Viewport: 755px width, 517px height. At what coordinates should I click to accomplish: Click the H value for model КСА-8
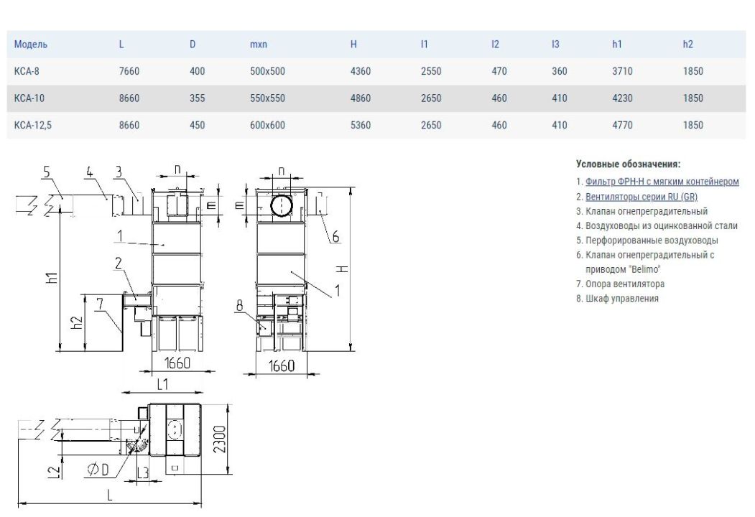[x=360, y=71]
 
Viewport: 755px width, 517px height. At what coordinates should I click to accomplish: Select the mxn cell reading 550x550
[x=267, y=98]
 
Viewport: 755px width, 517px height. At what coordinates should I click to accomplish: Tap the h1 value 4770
[x=622, y=125]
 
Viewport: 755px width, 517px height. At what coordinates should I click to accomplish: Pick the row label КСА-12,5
[x=33, y=125]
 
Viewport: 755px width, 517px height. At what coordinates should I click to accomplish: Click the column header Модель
[x=31, y=45]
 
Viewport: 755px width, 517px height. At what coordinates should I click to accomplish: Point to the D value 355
[x=197, y=98]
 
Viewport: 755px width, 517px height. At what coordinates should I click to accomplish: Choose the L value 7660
[x=129, y=71]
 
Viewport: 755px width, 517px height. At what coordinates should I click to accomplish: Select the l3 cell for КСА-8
[x=559, y=71]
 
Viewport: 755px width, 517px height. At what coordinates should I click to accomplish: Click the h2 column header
[x=687, y=45]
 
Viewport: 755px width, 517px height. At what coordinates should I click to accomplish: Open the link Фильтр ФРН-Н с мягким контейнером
[x=662, y=182]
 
